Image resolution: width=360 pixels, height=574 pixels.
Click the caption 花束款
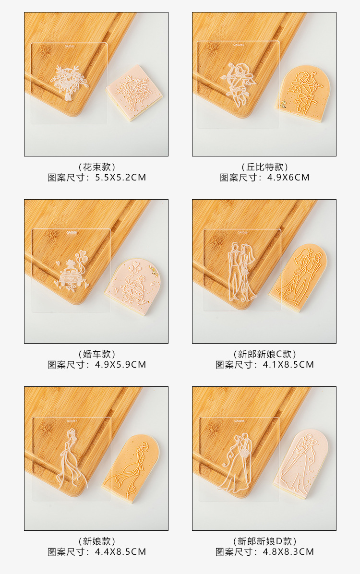(96, 167)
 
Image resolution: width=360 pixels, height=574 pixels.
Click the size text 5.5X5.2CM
(120, 178)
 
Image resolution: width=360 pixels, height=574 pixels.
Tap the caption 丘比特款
(264, 167)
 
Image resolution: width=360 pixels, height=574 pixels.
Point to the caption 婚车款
(96, 354)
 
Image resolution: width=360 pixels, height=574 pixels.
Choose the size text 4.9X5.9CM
(120, 365)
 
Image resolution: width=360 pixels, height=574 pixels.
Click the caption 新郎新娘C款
(264, 354)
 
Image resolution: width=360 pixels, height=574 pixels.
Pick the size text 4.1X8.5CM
(288, 365)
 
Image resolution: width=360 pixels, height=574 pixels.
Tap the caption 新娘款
(96, 541)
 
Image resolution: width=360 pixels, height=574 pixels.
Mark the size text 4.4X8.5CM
(120, 552)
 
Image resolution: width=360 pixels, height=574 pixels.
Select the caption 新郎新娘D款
(264, 541)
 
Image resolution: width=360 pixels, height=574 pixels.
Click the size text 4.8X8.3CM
(288, 552)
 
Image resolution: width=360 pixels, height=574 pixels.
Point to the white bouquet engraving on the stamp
(69, 81)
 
